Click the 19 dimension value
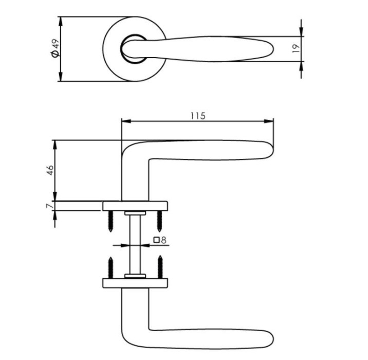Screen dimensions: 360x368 (295, 49)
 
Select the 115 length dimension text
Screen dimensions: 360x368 (197, 116)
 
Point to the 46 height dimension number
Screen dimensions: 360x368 (50, 170)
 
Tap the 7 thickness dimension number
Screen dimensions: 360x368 (49, 206)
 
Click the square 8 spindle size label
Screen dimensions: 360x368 (160, 240)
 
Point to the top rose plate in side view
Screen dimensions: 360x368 (136, 206)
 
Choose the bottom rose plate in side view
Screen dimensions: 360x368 (136, 283)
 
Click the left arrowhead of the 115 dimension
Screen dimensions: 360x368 (124, 122)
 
